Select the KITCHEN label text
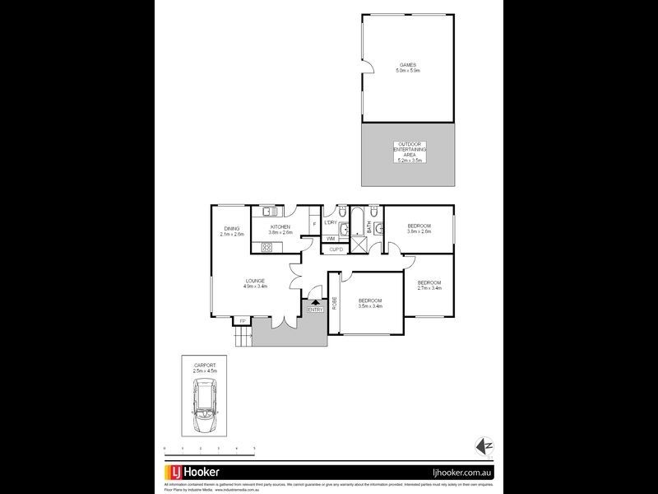pos(281,226)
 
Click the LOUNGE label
pos(254,281)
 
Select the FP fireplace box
pos(242,320)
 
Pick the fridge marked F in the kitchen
pos(313,223)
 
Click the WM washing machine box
pos(331,239)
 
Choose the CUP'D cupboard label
pos(336,249)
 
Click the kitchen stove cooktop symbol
pos(267,247)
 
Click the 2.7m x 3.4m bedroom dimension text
pos(429,287)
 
